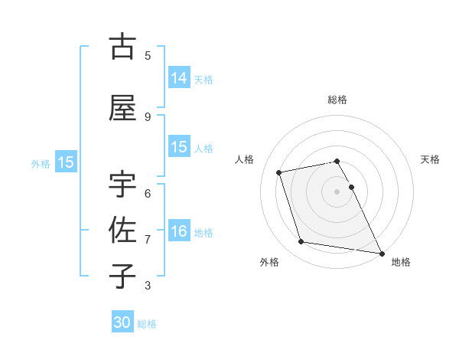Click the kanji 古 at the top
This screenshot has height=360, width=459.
click(122, 47)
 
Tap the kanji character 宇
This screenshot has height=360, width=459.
click(122, 185)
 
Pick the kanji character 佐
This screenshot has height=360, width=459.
click(122, 231)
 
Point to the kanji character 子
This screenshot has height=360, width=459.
click(122, 277)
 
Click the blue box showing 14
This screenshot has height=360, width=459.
click(179, 78)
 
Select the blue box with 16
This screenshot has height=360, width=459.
click(179, 232)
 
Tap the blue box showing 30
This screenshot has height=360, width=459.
click(122, 322)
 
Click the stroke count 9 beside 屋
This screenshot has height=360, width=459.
click(148, 116)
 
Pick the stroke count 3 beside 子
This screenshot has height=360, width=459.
click(148, 286)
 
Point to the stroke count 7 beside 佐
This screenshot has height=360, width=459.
click(148, 240)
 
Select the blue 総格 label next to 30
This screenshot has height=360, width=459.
click(147, 324)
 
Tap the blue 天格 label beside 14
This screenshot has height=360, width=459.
click(203, 79)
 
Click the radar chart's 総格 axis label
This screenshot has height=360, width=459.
click(337, 100)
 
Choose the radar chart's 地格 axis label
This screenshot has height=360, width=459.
click(401, 262)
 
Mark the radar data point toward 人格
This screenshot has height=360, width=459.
click(279, 172)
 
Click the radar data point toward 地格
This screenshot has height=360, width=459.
click(381, 252)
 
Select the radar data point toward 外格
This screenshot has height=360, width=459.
click(301, 242)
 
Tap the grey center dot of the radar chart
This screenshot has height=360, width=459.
click(337, 191)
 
